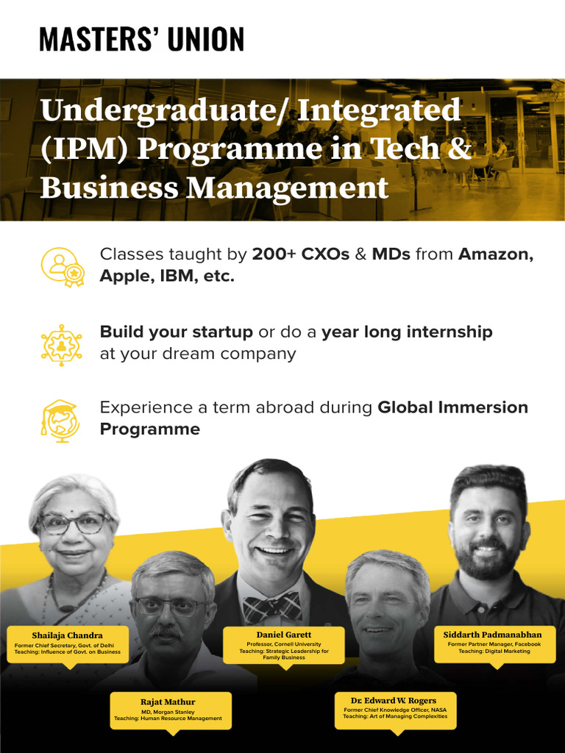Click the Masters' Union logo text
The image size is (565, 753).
click(x=141, y=39)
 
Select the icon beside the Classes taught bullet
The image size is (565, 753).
click(x=62, y=267)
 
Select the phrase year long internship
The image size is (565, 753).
click(x=407, y=332)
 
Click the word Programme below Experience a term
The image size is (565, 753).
click(x=150, y=429)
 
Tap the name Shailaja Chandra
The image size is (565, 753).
click(x=68, y=635)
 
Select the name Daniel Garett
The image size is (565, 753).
click(x=284, y=635)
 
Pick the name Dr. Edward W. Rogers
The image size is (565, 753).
click(x=394, y=700)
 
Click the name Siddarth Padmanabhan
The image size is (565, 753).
click(x=492, y=634)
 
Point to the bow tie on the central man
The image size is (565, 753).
click(x=272, y=608)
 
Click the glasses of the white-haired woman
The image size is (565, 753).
click(x=74, y=524)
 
